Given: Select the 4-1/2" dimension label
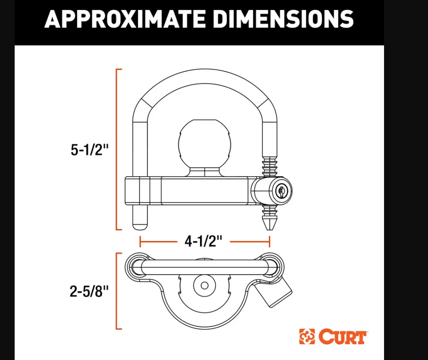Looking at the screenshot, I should pos(204,242).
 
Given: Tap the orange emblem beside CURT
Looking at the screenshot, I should pos(307,336).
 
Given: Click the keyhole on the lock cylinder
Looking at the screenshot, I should pos(280,190).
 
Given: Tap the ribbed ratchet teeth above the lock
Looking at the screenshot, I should pos(269,166).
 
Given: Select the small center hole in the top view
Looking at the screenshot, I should pos(205,286).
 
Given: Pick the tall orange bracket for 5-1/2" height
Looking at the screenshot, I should pos(117,150).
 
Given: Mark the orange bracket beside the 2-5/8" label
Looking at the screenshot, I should pos(117,291).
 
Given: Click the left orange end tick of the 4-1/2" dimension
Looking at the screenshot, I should pos(140,242).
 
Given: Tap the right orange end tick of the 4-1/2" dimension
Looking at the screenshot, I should pos(269,242).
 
